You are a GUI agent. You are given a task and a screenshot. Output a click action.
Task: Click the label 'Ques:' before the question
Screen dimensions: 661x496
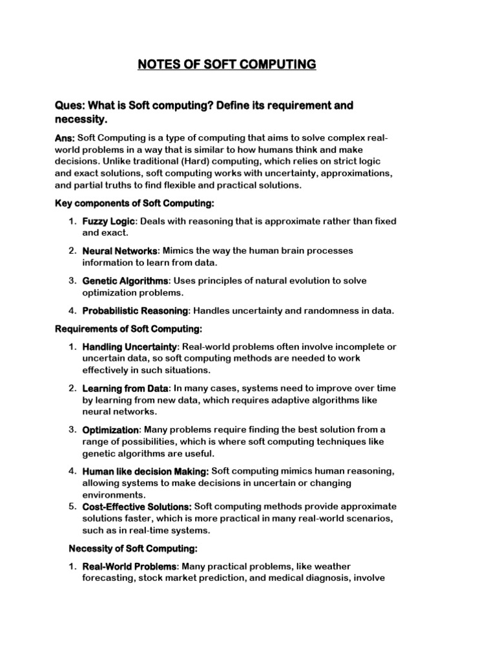pos(69,105)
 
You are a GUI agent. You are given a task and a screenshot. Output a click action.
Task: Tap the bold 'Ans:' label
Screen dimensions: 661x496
pos(64,138)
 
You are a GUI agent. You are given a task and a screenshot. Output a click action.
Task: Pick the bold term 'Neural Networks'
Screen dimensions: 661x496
pos(120,250)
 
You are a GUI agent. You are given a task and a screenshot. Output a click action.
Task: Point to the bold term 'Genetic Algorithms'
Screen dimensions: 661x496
pos(125,281)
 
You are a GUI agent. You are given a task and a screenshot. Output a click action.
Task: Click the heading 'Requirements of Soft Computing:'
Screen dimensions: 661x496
pos(128,329)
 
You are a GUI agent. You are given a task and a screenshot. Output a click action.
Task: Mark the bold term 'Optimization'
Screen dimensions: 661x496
pos(110,430)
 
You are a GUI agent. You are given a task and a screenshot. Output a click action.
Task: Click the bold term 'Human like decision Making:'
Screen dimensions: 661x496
pos(145,471)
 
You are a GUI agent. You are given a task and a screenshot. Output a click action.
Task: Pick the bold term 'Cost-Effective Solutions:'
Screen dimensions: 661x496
pos(137,507)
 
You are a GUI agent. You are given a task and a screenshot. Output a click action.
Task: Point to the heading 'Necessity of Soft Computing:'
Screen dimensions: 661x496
pos(132,549)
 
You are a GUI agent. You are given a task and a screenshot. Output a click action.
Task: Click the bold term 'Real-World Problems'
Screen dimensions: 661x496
pos(129,566)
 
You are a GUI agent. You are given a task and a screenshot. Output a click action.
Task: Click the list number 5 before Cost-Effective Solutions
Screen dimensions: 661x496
pos(72,507)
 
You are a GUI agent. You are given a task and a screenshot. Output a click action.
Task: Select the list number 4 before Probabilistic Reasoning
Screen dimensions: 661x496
pos(72,310)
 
